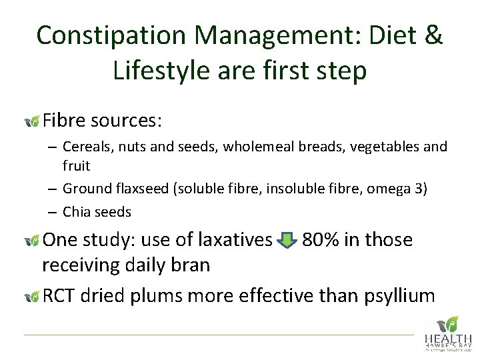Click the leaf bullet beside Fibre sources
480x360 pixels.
(31, 121)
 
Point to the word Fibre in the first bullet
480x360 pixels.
(64, 121)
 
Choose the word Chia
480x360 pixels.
(75, 212)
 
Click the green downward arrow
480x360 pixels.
(287, 240)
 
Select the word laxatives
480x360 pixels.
(229, 239)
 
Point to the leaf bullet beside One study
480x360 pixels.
(31, 241)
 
